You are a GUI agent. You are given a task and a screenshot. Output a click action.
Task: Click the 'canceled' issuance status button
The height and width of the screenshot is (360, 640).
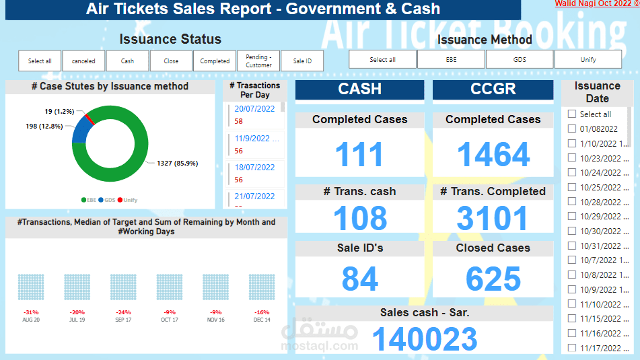pos(83,61)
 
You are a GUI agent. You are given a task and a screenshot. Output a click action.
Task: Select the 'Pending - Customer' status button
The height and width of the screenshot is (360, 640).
pos(258,61)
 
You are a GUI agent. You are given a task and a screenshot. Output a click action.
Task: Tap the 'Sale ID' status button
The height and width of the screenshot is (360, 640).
pos(302,61)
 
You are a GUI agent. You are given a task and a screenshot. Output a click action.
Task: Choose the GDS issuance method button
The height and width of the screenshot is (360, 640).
pos(520,59)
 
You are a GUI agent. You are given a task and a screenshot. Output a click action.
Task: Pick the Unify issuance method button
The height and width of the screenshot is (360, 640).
pos(588,59)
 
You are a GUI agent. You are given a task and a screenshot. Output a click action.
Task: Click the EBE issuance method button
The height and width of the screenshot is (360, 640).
pos(451,59)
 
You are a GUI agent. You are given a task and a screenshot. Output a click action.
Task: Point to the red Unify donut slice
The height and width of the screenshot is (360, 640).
pos(90,120)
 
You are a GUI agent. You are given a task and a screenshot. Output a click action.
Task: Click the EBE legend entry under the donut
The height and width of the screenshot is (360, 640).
pos(89,200)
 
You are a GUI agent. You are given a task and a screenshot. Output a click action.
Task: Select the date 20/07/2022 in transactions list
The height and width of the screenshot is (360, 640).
pos(254,109)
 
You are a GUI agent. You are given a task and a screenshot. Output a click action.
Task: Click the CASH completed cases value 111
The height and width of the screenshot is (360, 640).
pos(359,155)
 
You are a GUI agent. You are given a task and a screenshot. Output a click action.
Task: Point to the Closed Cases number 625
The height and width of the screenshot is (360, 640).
pos(493,279)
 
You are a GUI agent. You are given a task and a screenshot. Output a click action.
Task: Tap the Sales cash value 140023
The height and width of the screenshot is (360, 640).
pos(425,339)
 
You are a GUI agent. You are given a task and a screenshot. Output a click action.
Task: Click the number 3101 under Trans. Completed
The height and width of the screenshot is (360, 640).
pos(493,219)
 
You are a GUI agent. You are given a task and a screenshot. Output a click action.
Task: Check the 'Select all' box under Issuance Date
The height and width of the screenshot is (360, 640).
pos(572,114)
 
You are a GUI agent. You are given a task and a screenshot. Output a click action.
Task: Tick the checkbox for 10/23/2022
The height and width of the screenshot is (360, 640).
pos(572,158)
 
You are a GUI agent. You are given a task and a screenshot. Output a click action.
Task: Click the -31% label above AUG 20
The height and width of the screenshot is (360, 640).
pos(30,312)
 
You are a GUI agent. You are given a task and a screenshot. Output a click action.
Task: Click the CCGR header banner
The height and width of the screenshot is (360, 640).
pos(493,89)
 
